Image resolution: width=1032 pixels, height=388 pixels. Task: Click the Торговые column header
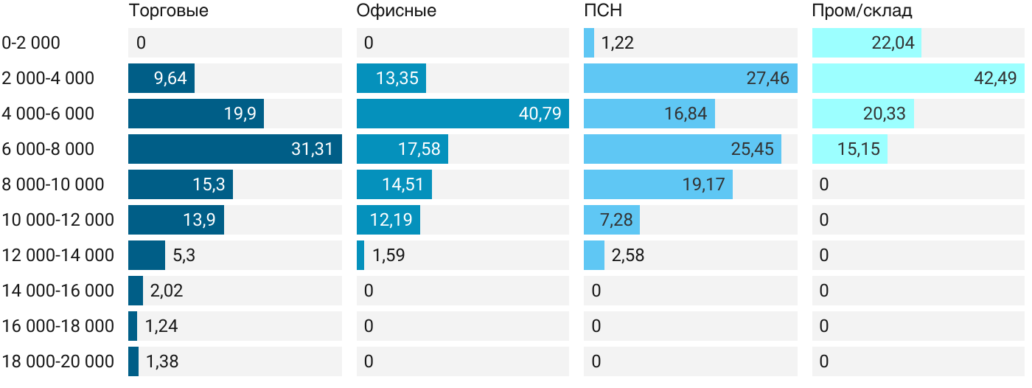(168, 11)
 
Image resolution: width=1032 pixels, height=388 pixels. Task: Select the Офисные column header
(396, 11)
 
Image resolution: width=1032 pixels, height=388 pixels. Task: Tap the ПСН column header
(598, 11)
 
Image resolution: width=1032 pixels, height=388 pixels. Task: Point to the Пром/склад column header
(862, 11)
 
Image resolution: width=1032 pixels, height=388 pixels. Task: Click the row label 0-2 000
(31, 43)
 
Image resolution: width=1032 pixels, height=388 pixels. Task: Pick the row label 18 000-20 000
(58, 361)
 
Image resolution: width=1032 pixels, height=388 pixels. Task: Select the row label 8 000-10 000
(53, 184)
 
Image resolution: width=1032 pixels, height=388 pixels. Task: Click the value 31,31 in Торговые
(312, 149)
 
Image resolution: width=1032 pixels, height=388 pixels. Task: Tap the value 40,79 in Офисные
(540, 114)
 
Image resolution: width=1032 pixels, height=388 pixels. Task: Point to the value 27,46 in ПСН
(767, 78)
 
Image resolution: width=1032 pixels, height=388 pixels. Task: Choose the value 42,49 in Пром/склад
(996, 78)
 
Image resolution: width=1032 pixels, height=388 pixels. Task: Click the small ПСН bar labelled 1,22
(589, 43)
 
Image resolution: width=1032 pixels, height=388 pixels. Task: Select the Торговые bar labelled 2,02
(136, 291)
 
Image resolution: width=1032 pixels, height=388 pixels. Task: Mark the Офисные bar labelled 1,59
(360, 255)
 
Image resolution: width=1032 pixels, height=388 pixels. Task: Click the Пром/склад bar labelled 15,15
(849, 149)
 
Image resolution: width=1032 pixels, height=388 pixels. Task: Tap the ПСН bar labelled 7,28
(611, 220)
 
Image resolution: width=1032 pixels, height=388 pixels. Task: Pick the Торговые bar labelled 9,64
(161, 78)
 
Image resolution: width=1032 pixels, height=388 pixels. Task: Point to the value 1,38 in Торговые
(162, 361)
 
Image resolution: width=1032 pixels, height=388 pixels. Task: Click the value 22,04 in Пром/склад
(893, 43)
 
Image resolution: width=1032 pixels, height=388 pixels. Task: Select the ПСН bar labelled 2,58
(594, 255)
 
